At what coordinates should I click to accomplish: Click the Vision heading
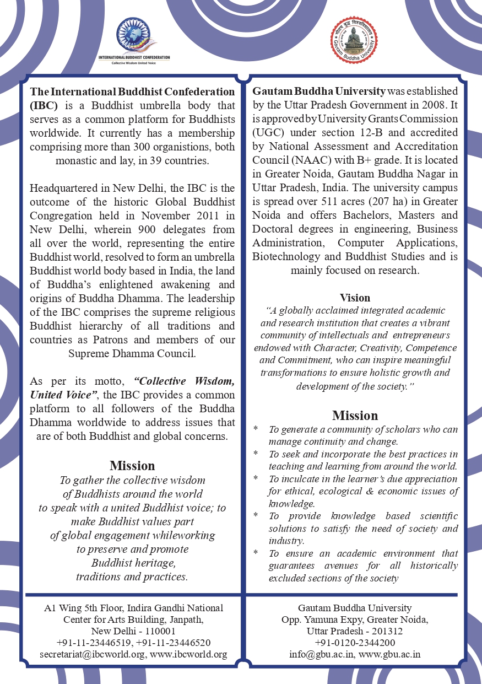pyautogui.click(x=355, y=298)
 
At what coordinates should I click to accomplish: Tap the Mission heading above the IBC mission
pyautogui.click(x=132, y=466)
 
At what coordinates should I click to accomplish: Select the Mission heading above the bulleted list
pyautogui.click(x=355, y=415)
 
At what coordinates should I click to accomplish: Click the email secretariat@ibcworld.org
pyautogui.click(x=91, y=654)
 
